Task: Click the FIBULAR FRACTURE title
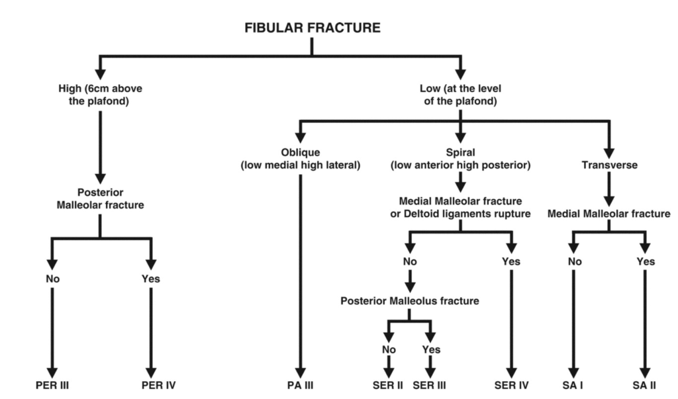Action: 312,28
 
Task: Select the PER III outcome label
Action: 52,384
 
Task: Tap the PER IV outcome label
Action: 151,384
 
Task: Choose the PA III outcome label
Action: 300,384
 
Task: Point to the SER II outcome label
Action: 387,384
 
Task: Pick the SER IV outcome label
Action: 510,384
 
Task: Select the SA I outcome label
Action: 574,384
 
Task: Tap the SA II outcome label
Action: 644,384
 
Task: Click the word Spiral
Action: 460,152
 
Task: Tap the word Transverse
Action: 608,165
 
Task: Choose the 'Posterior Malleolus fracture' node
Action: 409,300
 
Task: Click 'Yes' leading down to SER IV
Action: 510,261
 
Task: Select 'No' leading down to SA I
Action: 574,261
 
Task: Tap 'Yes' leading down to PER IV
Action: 151,279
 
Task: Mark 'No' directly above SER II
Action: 389,349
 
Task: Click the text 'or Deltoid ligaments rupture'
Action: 460,213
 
